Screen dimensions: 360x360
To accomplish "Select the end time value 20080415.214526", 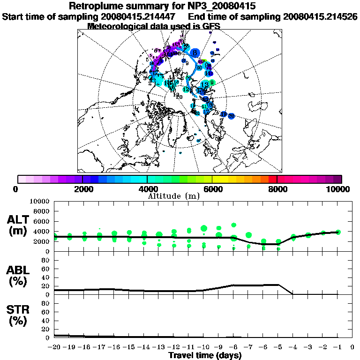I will [321, 17].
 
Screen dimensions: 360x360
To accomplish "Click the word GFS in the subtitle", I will [210, 26].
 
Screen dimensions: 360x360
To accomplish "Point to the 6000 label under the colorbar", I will [212, 189].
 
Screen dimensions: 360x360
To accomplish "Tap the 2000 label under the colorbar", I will [82, 189].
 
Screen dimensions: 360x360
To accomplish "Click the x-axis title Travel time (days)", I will [205, 355].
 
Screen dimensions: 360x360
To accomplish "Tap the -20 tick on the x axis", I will [54, 347].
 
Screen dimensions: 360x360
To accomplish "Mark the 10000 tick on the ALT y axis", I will [39, 202].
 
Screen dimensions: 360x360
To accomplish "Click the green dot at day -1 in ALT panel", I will [338, 232].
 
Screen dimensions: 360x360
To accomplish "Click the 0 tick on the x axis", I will [352, 347].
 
